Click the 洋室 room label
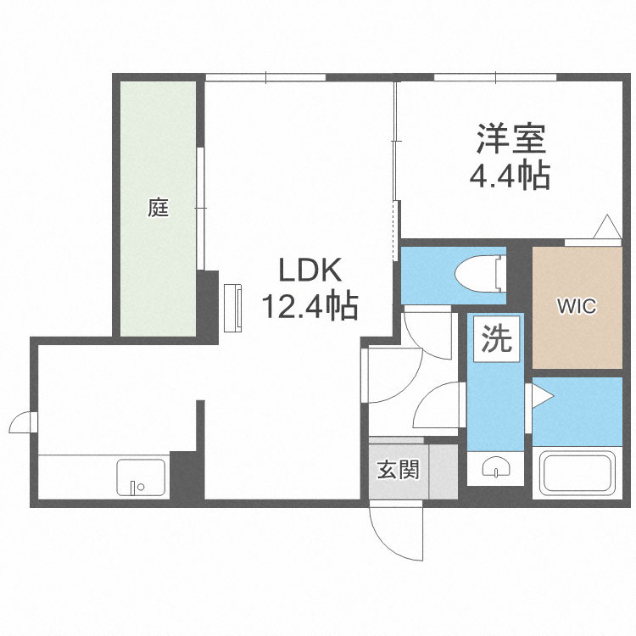510,139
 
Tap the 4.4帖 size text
510,176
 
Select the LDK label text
310,271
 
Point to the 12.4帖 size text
309,305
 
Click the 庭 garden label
159,207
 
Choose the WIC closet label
576,307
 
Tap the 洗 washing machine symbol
497,340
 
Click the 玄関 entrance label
399,470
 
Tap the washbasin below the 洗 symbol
496,467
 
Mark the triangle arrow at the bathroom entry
541,395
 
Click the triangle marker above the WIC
607,227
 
